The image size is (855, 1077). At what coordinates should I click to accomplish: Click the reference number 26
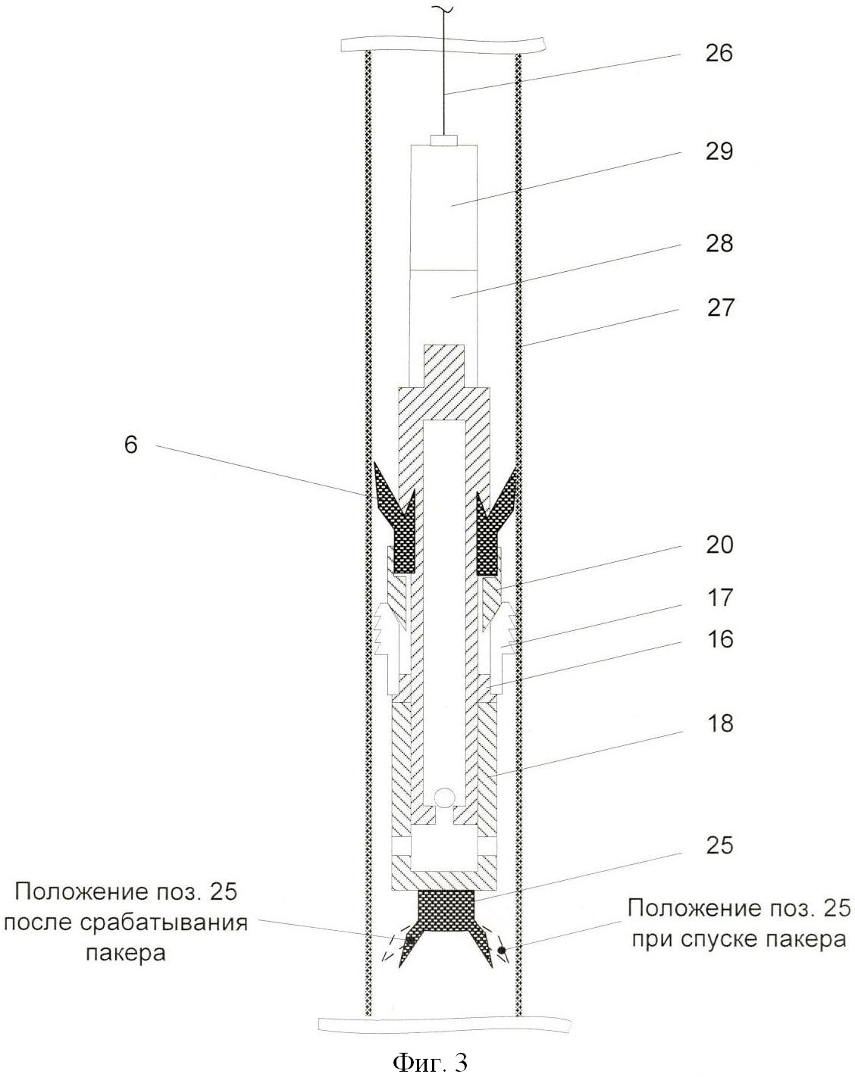[x=719, y=53]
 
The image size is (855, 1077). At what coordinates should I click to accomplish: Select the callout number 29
[x=719, y=151]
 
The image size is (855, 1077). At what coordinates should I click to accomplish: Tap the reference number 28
[x=719, y=244]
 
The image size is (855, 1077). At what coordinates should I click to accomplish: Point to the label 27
[x=719, y=307]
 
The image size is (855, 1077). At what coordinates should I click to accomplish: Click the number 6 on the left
[x=131, y=445]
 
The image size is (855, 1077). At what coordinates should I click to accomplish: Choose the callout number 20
[x=719, y=545]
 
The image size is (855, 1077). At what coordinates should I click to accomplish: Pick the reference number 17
[x=719, y=598]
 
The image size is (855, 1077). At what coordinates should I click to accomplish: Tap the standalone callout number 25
[x=719, y=844]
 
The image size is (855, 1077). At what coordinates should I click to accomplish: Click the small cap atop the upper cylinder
[x=444, y=140]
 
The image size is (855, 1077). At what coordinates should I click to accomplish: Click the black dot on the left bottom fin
[x=410, y=939]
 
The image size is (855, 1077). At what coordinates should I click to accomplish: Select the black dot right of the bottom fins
[x=502, y=950]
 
